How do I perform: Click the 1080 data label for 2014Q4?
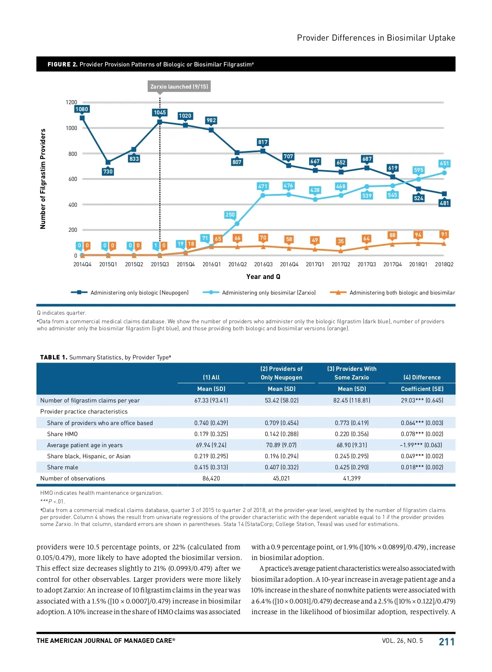click(82, 109)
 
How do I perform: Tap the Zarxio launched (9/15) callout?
click(179, 87)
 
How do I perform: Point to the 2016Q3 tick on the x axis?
click(263, 265)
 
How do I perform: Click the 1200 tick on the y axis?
click(71, 102)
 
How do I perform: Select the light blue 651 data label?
click(444, 163)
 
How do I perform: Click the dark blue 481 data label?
click(444, 203)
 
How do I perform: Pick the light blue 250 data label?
click(230, 215)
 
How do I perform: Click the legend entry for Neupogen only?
click(130, 293)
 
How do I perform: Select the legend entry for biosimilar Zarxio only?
click(260, 293)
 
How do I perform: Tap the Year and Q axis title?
click(263, 277)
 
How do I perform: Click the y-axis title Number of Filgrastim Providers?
click(43, 179)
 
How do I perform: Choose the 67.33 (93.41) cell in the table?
click(211, 400)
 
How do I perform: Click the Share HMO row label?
click(62, 434)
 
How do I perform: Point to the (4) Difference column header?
click(422, 377)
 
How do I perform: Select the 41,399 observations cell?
click(352, 478)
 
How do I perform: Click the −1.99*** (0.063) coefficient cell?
click(422, 445)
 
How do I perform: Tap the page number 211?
click(446, 642)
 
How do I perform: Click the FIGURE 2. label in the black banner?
click(62, 64)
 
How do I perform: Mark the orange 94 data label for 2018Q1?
click(418, 235)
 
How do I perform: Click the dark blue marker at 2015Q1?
click(108, 162)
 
